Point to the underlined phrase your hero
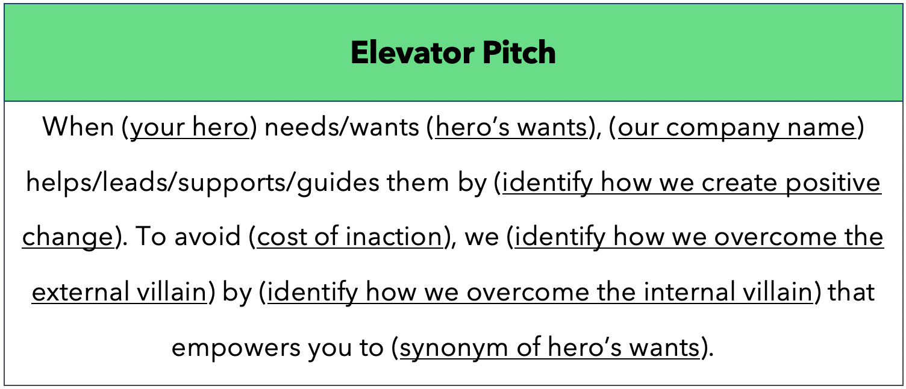[190, 128]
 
